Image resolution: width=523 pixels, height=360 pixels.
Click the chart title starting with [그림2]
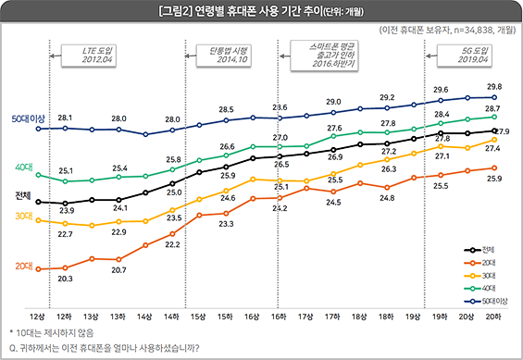coord(261,12)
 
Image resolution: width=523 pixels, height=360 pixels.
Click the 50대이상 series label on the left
coord(29,119)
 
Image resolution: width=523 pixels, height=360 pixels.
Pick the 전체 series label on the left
coord(25,196)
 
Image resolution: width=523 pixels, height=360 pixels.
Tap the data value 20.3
coord(66,278)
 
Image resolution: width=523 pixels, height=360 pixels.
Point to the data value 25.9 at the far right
coord(493,178)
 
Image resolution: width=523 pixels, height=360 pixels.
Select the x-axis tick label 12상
coord(37,317)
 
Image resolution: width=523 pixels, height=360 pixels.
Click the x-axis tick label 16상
coord(252,317)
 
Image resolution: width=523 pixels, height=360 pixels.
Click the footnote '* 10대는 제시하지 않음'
coord(53,331)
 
